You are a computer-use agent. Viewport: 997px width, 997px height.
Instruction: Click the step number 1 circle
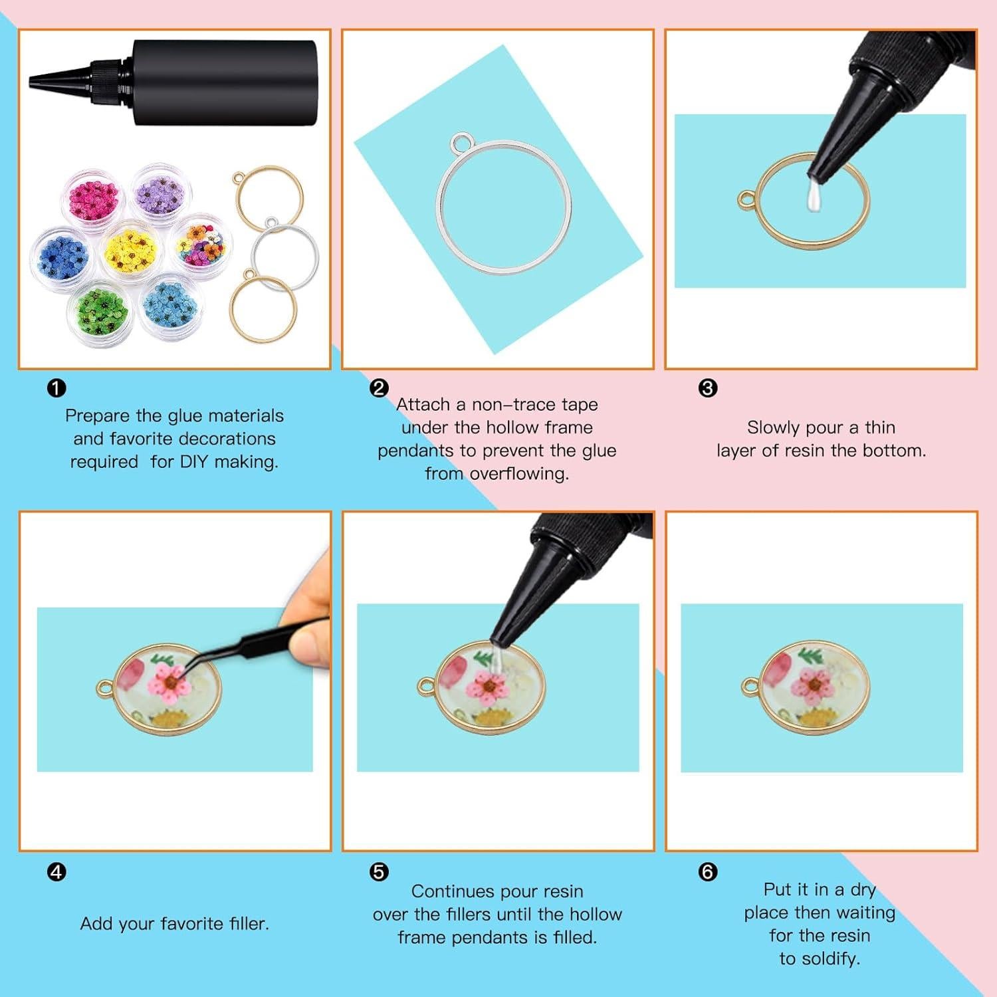(56, 388)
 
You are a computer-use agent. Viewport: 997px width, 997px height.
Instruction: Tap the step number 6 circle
(708, 871)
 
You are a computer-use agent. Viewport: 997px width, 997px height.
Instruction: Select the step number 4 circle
(56, 871)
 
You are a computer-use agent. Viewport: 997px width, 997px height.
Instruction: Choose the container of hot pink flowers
(93, 197)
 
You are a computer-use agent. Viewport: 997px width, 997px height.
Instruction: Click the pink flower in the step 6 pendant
(813, 685)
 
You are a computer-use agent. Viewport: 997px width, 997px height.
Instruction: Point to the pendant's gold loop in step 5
(426, 685)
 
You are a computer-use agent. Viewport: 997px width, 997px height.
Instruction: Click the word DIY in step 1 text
(194, 461)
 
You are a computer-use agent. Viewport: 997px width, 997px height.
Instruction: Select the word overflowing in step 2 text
(518, 473)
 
